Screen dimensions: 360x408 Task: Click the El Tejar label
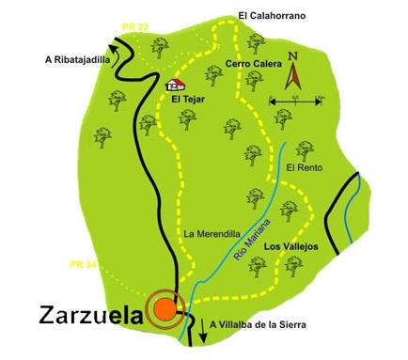[187, 97]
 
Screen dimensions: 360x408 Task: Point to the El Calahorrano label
[273, 16]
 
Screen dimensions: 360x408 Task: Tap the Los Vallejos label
[292, 246]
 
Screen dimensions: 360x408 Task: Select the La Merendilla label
[208, 233]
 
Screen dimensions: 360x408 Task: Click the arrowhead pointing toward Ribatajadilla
[115, 42]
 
